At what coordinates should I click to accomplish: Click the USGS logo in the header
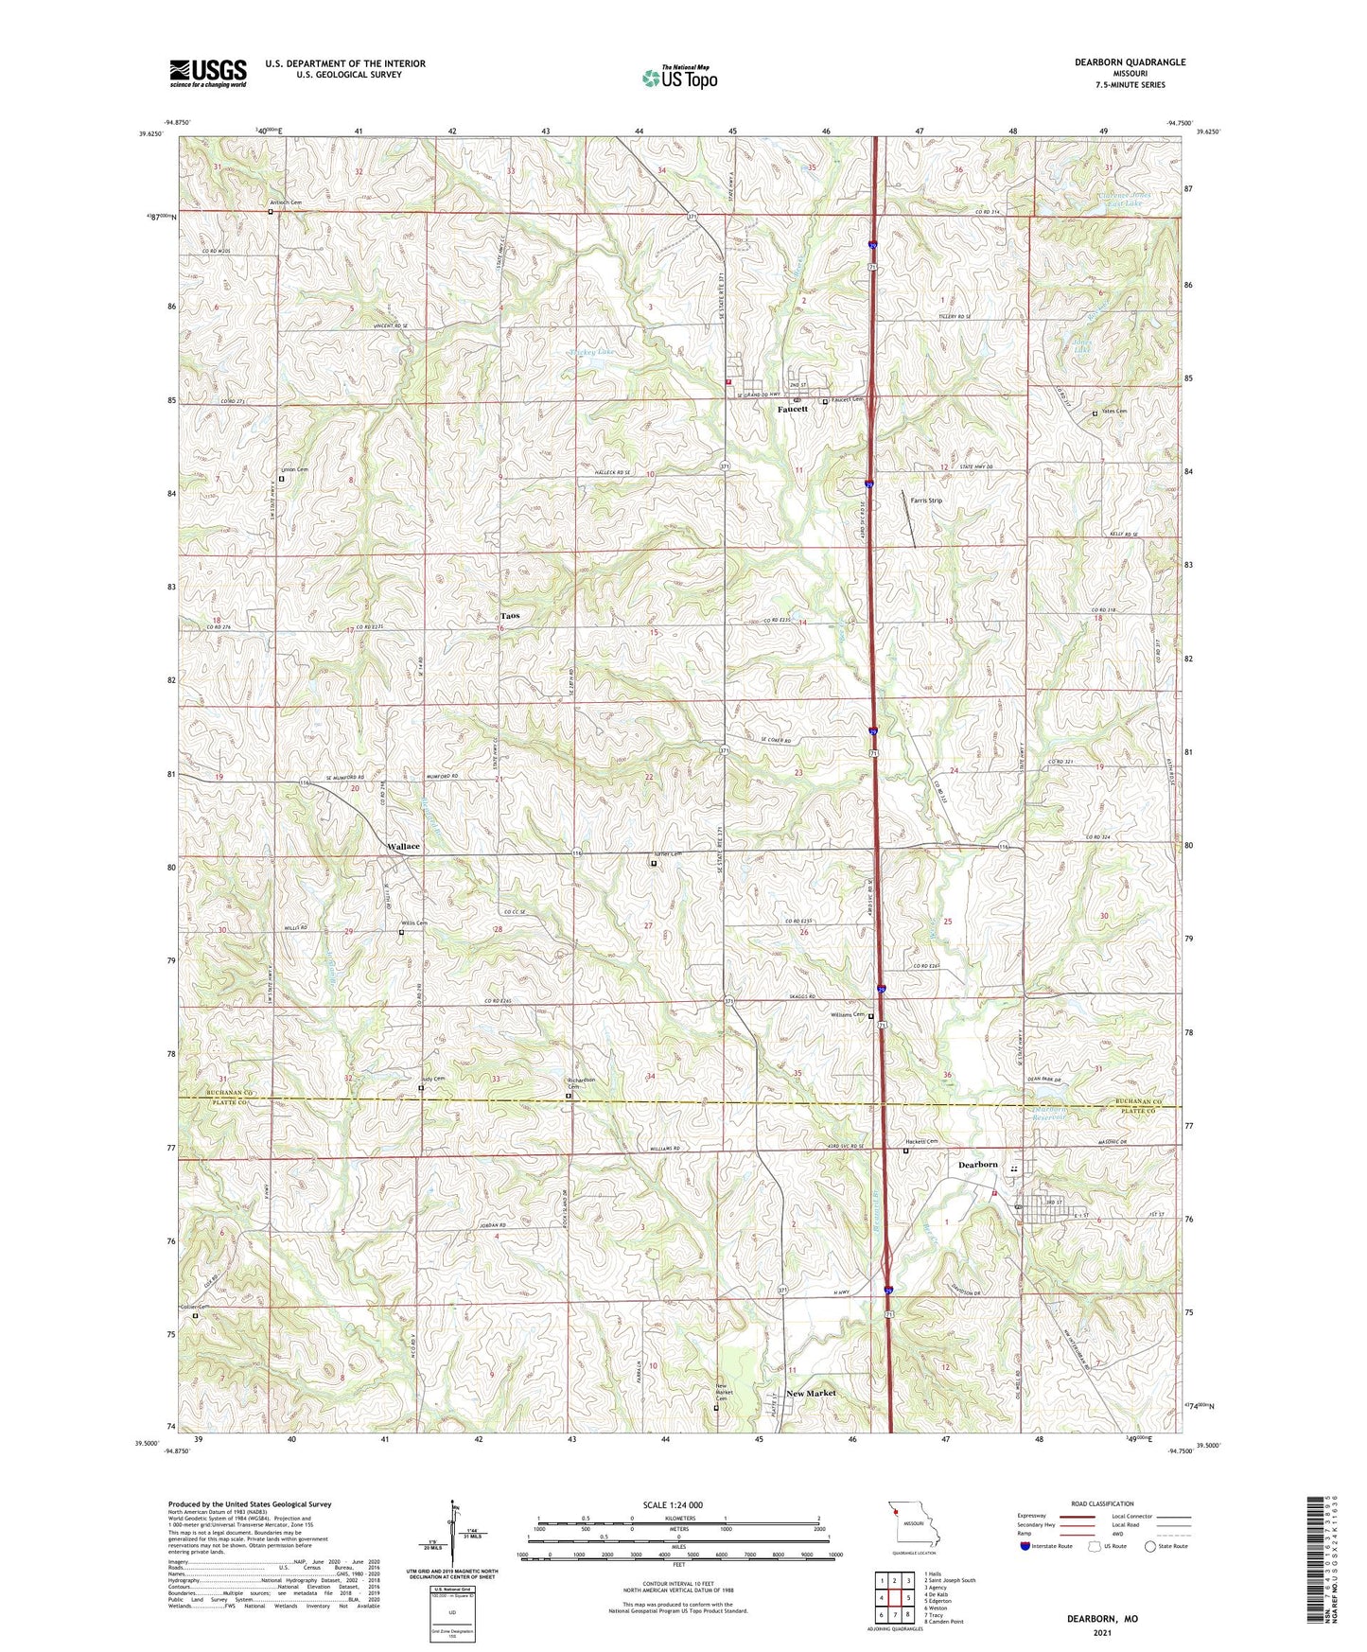tap(208, 72)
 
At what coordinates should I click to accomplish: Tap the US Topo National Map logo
tap(679, 77)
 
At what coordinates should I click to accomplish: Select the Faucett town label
tap(793, 410)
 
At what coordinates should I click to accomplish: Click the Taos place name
tap(510, 616)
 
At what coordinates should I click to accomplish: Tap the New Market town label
tap(811, 1393)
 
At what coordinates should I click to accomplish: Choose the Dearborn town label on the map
tap(978, 1165)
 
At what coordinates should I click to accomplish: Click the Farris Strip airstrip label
tap(926, 501)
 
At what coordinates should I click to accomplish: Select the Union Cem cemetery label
tap(295, 469)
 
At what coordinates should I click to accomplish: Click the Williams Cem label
tap(848, 1015)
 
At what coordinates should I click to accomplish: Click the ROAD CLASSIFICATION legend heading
tap(1102, 1503)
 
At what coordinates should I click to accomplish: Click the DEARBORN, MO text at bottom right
tap(1102, 1619)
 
